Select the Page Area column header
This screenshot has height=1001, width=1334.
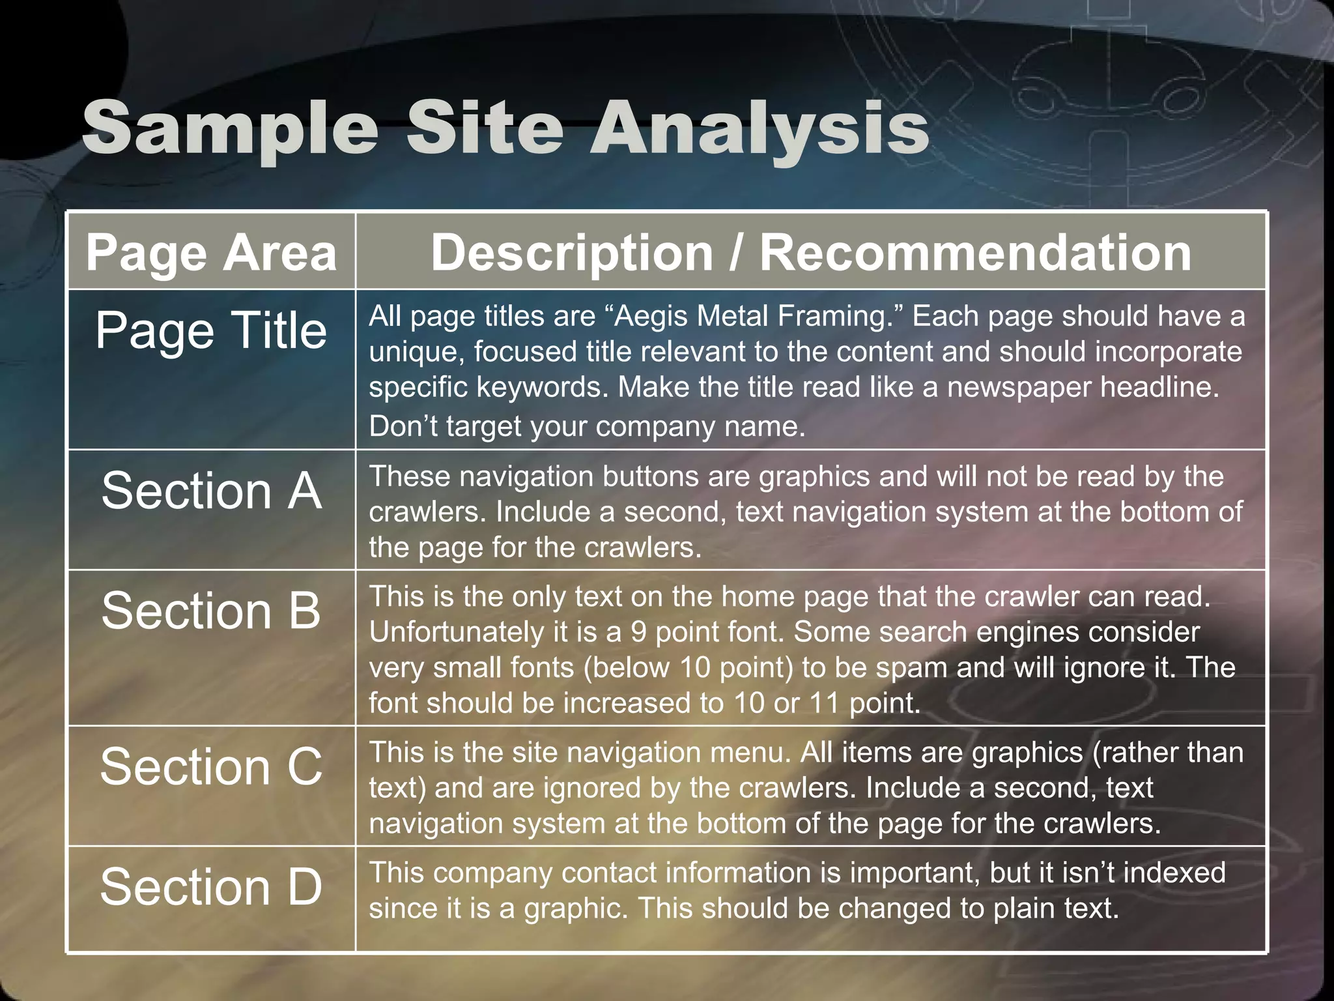211,253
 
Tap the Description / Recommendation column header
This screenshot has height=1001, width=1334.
811,253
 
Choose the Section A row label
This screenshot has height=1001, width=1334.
211,490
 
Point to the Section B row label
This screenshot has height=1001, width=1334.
211,611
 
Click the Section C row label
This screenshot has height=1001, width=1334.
211,766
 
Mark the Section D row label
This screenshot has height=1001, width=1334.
211,887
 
